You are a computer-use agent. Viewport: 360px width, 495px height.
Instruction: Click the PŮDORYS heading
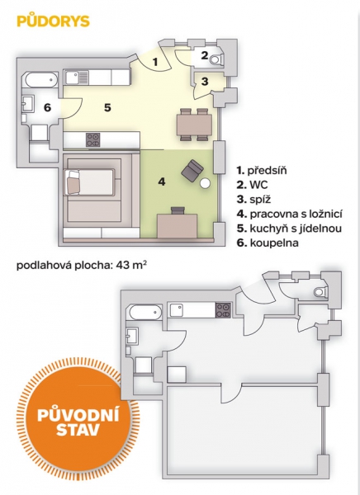[53, 21]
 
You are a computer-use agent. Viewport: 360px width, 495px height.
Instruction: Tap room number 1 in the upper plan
[155, 62]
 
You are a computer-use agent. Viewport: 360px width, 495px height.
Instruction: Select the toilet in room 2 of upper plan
[217, 59]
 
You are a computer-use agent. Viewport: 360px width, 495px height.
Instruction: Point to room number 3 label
[205, 82]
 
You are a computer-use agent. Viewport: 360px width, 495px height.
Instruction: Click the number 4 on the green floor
[162, 181]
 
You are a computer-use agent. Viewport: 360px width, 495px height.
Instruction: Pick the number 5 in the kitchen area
[108, 107]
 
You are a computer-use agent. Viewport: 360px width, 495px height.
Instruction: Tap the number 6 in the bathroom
[47, 107]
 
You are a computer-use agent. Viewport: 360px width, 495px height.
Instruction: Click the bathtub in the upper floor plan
[41, 80]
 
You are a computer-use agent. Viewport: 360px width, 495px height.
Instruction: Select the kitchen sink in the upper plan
[77, 78]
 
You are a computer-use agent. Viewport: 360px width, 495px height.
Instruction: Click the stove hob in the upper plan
[93, 139]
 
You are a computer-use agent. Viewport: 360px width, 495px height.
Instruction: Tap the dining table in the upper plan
[194, 125]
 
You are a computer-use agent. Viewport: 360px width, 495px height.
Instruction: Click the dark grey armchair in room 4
[192, 171]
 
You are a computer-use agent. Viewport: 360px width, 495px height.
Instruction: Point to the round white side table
[206, 183]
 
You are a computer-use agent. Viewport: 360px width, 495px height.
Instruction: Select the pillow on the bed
[73, 182]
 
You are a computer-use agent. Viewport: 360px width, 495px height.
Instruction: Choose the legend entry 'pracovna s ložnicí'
[290, 214]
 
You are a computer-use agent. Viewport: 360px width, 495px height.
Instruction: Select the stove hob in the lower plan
[224, 310]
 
